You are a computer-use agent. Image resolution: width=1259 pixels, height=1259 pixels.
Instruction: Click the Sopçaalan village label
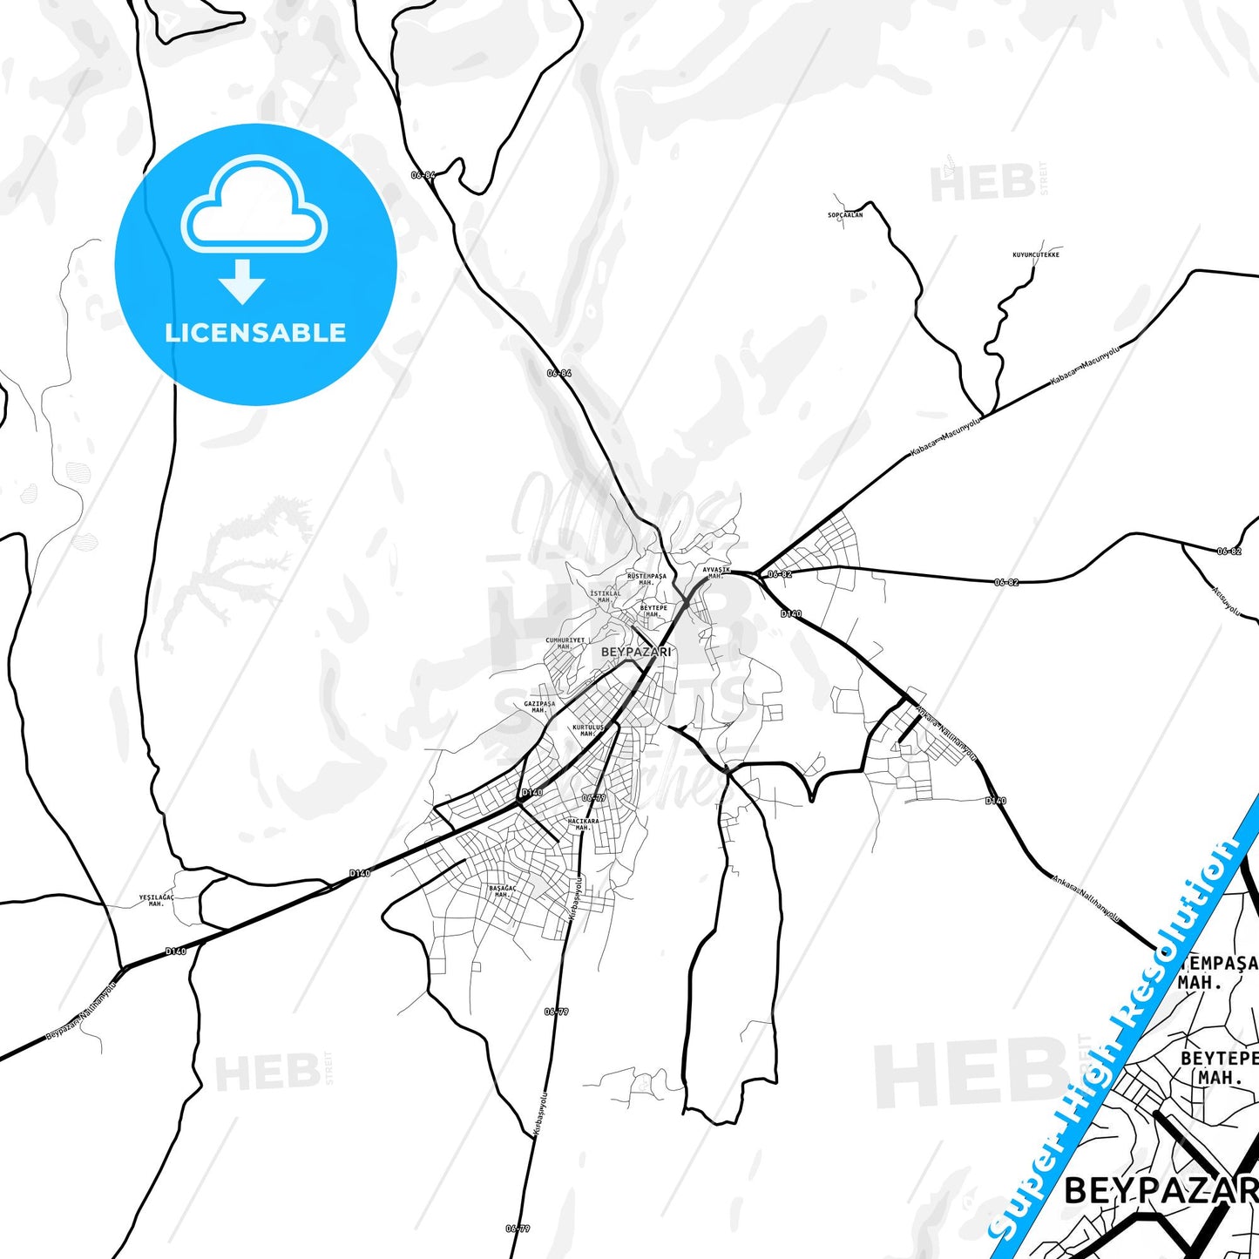845,214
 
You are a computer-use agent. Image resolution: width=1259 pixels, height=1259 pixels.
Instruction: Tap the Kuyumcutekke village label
1036,254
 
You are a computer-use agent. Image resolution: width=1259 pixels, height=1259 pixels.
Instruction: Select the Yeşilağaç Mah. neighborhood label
156,900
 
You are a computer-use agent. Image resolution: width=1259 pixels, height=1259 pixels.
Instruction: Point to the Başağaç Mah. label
502,891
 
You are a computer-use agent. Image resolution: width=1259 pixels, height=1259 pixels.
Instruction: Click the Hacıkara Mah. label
583,823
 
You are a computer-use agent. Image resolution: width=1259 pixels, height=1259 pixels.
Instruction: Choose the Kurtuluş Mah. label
588,730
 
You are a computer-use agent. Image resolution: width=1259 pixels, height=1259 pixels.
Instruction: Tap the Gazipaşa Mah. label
539,707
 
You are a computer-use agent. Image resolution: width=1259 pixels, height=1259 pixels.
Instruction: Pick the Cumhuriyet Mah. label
565,643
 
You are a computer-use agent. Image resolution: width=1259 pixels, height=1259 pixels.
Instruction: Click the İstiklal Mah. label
606,596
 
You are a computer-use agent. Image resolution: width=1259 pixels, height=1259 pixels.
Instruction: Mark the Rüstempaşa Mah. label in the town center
646,579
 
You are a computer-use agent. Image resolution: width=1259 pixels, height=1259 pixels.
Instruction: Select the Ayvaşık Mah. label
716,572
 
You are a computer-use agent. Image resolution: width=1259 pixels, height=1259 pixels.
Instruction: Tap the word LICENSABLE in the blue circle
255,333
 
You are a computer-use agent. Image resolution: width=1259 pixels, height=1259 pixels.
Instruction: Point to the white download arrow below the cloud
242,281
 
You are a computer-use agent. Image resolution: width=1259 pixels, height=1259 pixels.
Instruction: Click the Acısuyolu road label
1226,601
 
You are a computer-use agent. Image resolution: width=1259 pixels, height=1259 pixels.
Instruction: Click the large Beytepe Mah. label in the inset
1219,1067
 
